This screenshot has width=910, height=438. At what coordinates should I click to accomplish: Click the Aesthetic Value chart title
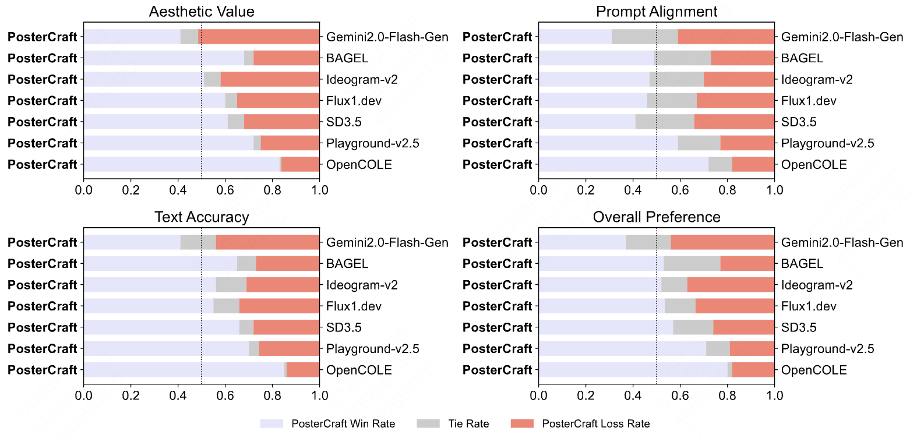202,12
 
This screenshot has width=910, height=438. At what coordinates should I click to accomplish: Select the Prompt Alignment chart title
657,12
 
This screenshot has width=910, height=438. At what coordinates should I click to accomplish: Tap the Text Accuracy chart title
202,217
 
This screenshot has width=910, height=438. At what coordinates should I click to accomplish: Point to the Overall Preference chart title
657,217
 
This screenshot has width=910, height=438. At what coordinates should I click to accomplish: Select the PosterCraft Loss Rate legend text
596,423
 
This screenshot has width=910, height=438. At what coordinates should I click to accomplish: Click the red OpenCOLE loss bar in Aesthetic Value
300,164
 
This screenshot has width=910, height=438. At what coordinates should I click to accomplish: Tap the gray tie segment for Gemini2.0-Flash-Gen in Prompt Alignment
645,37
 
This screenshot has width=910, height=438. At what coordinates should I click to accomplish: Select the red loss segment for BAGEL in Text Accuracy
287,263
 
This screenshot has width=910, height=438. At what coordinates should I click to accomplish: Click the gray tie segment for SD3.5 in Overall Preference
693,327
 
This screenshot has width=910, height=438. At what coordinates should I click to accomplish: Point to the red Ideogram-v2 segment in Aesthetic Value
270,79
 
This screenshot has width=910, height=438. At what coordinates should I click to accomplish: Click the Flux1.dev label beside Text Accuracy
354,306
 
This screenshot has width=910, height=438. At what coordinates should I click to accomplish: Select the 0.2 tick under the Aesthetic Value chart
131,189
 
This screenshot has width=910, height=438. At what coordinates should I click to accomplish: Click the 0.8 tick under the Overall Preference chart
728,395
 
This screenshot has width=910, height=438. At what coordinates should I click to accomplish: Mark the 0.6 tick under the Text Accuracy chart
225,395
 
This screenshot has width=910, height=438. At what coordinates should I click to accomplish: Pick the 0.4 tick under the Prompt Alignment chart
633,189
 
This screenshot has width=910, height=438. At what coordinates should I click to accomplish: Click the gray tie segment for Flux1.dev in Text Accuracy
227,306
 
